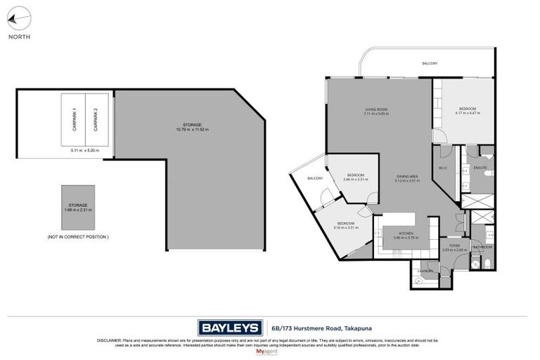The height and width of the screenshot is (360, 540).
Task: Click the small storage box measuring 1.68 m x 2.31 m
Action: click(x=77, y=207)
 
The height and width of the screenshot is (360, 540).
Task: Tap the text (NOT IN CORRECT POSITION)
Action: click(x=77, y=237)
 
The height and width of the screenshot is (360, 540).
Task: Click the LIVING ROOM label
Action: click(x=376, y=109)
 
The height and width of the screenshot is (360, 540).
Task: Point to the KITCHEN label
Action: click(x=406, y=233)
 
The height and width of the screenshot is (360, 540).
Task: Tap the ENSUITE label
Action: click(x=480, y=167)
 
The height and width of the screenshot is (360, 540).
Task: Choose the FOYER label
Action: click(x=455, y=245)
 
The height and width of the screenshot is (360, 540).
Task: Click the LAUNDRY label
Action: click(x=425, y=271)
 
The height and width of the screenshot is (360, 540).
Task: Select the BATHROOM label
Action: click(x=482, y=247)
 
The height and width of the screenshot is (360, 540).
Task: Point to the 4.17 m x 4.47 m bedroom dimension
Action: click(x=468, y=113)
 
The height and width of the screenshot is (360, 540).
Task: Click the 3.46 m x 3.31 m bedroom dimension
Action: click(x=355, y=179)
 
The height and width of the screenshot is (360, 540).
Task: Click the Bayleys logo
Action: click(x=229, y=327)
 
